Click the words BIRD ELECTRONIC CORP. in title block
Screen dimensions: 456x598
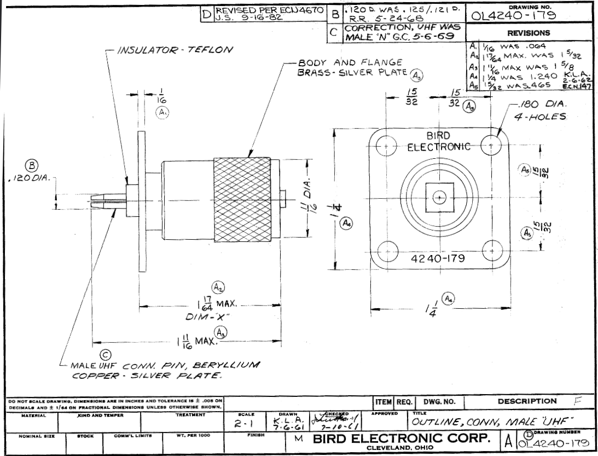tap(404, 439)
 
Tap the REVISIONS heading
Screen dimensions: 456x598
tap(532, 33)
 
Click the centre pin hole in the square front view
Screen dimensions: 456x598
tap(439, 197)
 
